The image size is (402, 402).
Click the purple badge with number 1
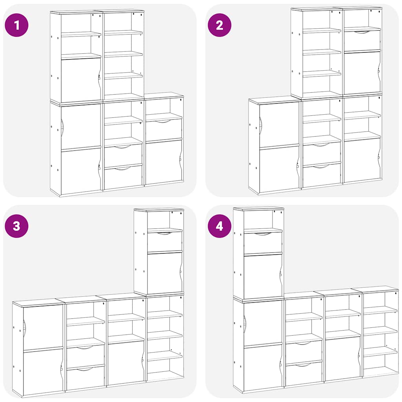pyautogui.click(x=16, y=25)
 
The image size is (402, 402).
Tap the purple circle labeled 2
pyautogui.click(x=219, y=25)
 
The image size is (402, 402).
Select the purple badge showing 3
pyautogui.click(x=16, y=226)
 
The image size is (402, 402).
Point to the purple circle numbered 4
pyautogui.click(x=219, y=226)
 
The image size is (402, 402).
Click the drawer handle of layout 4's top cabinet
pyautogui.click(x=262, y=234)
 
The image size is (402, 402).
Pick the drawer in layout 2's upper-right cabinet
pyautogui.click(x=362, y=40)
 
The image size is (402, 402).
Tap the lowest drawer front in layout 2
pyautogui.click(x=322, y=175)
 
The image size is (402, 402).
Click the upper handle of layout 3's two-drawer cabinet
pyautogui.click(x=86, y=347)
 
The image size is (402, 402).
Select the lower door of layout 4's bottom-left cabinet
pyautogui.click(x=262, y=367)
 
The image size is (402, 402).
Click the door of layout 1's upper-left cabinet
pyautogui.click(x=80, y=80)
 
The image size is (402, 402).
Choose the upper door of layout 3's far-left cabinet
pyautogui.click(x=43, y=328)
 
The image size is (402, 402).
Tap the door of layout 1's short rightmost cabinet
pyautogui.click(x=163, y=161)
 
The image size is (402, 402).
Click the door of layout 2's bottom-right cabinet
pyautogui.click(x=362, y=160)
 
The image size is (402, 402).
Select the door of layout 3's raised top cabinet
pyautogui.click(x=164, y=273)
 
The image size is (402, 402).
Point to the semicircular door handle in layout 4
pyautogui.click(x=245, y=322)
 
